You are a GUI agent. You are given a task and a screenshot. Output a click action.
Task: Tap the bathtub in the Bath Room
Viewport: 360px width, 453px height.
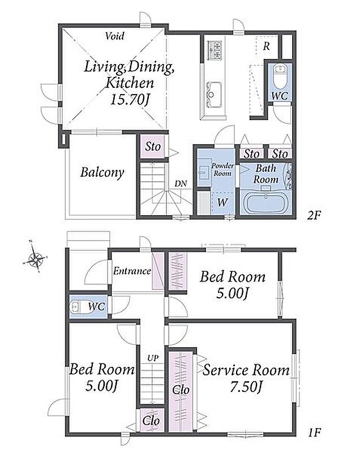[x=265, y=203]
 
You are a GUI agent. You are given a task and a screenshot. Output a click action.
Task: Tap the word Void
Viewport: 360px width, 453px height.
[x=115, y=36]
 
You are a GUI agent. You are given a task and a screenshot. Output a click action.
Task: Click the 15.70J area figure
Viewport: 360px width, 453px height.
[x=130, y=100]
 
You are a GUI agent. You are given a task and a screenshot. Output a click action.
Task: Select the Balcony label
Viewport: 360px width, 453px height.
[x=102, y=172]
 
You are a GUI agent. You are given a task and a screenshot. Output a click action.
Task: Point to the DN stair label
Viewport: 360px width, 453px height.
[x=181, y=183]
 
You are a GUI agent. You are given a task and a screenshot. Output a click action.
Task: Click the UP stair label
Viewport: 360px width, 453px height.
[x=153, y=358]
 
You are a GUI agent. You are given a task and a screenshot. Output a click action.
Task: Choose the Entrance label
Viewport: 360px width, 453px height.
[x=132, y=271]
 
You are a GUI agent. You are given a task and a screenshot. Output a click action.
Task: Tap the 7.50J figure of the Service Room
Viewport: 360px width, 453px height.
[x=246, y=387]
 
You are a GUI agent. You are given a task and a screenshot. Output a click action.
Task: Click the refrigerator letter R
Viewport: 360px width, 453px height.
[x=266, y=46]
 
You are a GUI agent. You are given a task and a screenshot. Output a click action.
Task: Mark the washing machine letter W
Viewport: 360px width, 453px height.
[x=222, y=202]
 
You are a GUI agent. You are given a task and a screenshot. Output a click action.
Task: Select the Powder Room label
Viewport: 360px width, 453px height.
[x=222, y=169]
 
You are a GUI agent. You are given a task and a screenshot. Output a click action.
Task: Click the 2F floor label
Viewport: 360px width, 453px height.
[x=314, y=215]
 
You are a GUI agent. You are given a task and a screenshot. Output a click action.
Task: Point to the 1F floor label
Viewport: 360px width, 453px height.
[x=314, y=432]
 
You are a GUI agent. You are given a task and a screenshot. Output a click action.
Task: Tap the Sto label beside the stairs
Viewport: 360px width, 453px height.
[x=153, y=147]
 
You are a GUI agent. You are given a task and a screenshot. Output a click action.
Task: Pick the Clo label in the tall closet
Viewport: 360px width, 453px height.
[x=181, y=390]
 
